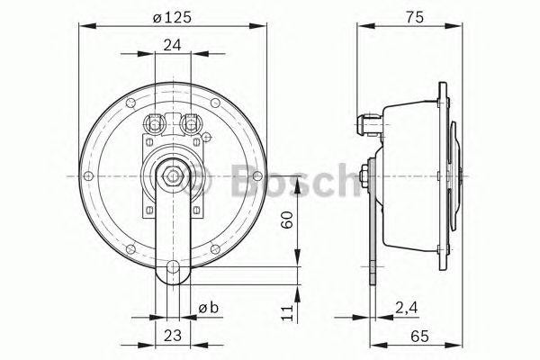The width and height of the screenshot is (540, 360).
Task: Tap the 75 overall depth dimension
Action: (413, 15)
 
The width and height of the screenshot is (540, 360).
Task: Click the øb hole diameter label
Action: (208, 309)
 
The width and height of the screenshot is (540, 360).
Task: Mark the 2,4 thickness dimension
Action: (404, 309)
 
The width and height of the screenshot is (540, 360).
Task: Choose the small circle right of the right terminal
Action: (207, 138)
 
